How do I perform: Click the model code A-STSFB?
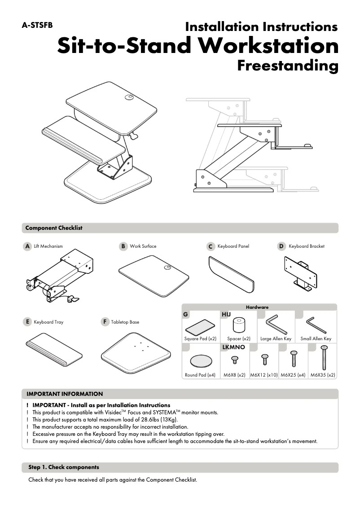[37, 25]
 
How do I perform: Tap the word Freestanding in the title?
[287, 66]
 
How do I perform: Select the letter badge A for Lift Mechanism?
[27, 246]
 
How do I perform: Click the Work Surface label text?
[143, 246]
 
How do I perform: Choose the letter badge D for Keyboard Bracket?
[281, 246]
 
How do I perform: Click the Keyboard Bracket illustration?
[300, 274]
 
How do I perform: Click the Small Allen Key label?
[316, 339]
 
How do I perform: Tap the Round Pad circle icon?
[200, 360]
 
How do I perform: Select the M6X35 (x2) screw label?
[323, 375]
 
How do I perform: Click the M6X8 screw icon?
[234, 360]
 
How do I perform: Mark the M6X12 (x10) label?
[264, 375]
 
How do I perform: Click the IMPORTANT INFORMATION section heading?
[65, 394]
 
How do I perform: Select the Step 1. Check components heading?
[64, 467]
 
